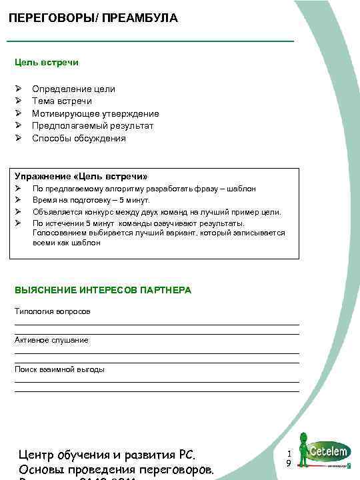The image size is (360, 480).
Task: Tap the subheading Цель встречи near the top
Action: click(x=47, y=62)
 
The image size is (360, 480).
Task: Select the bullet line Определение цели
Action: click(x=73, y=89)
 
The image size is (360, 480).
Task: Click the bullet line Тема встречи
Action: click(x=62, y=101)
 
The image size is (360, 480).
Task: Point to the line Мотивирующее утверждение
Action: click(x=95, y=113)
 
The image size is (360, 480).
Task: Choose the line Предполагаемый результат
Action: click(x=93, y=126)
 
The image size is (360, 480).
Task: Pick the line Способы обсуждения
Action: click(x=79, y=139)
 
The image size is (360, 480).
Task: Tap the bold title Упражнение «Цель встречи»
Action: click(x=81, y=176)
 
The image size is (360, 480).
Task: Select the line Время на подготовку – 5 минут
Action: click(x=91, y=200)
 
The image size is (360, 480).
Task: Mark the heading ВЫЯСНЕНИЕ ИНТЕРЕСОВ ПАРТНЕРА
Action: click(x=103, y=290)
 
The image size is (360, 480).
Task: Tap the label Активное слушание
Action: click(x=51, y=340)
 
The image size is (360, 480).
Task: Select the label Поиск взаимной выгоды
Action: click(x=59, y=369)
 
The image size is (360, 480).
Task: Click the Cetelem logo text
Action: click(x=327, y=451)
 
